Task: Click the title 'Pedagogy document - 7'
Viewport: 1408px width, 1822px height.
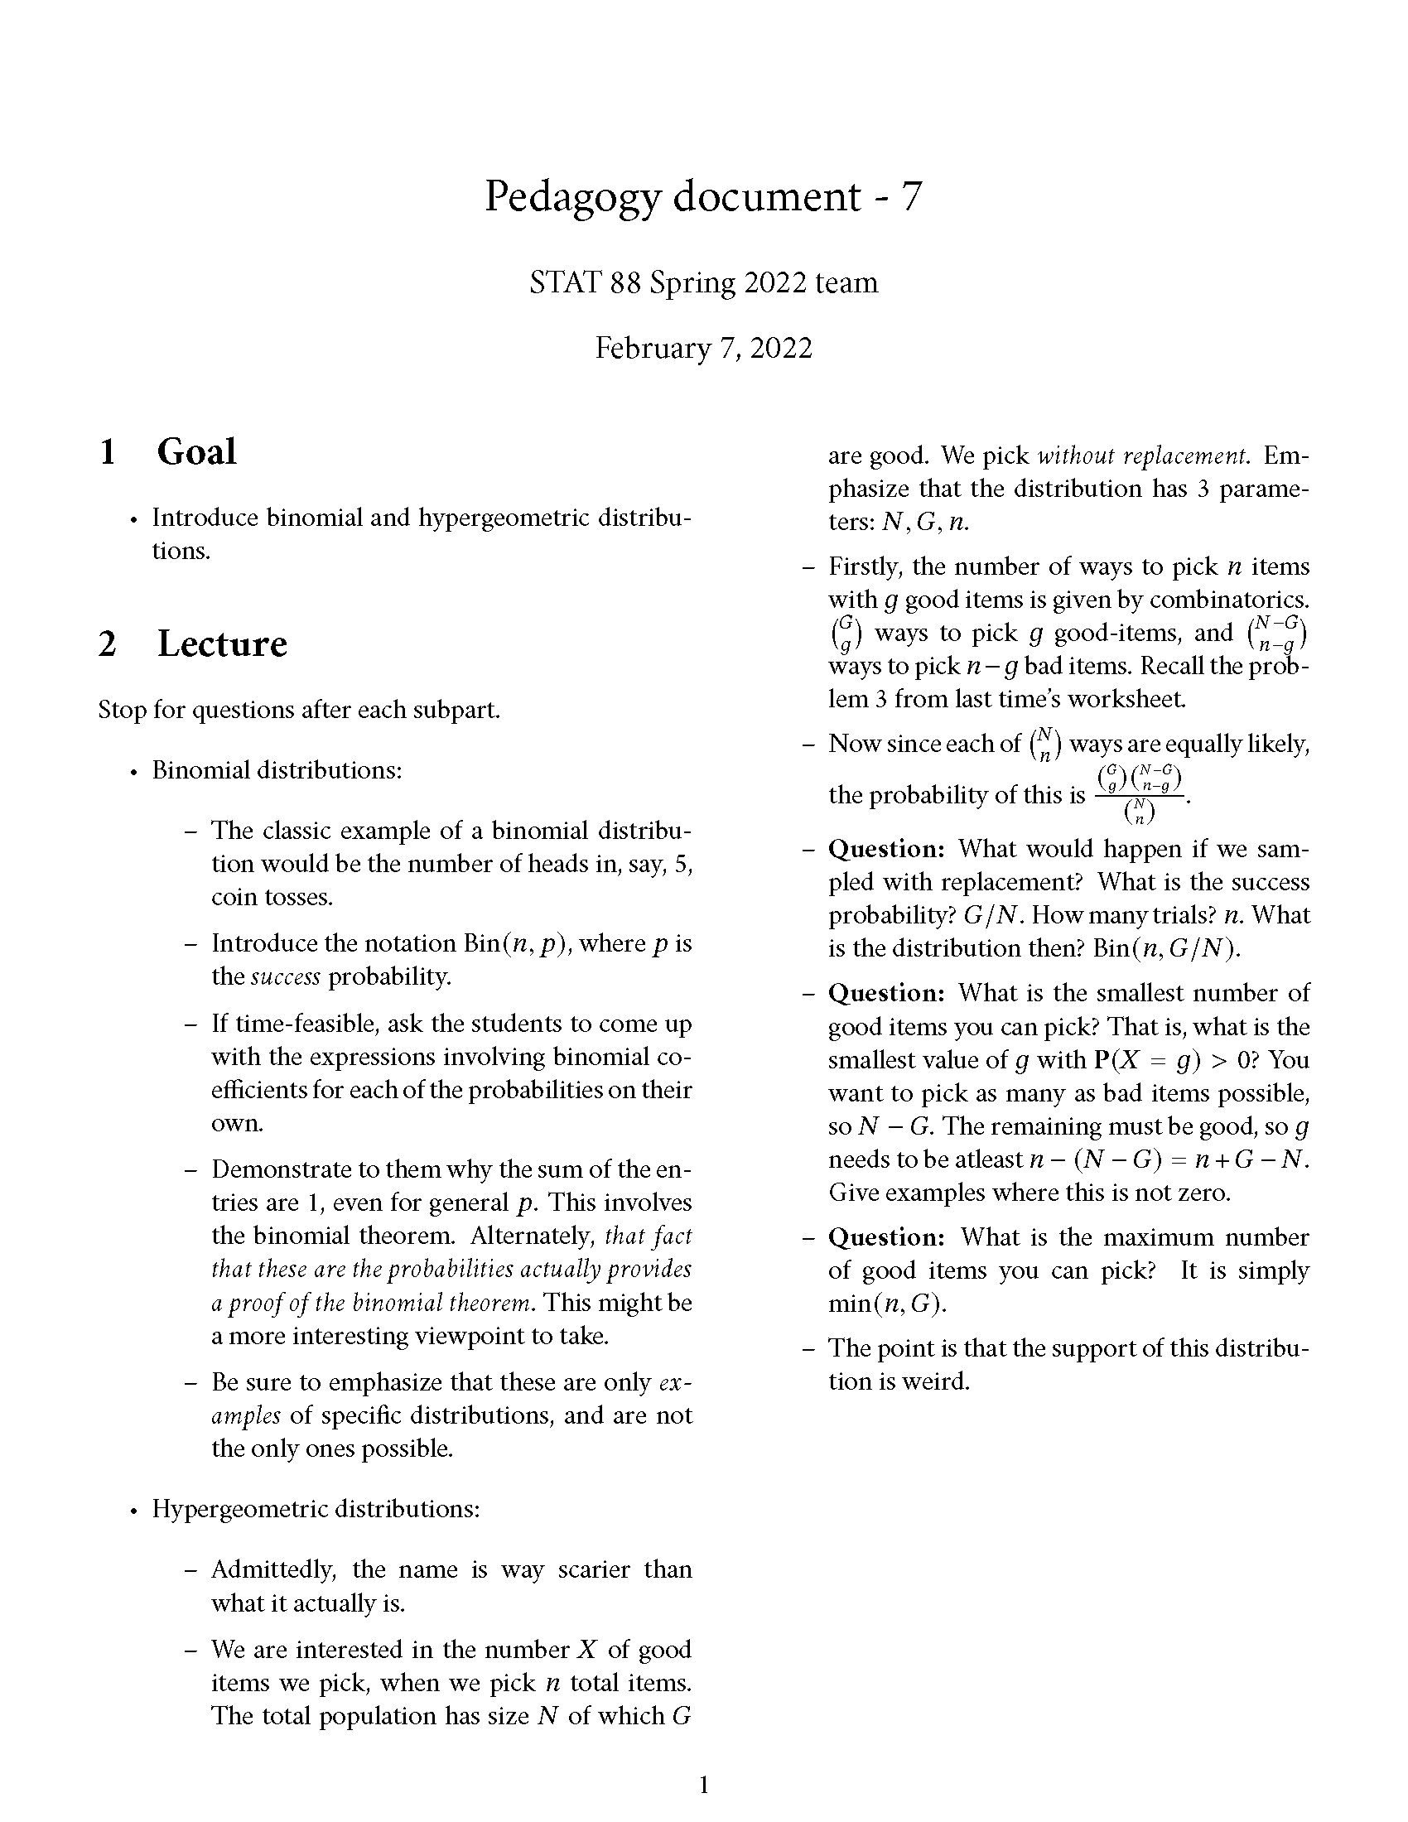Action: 703,197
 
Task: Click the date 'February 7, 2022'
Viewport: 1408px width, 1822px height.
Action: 703,348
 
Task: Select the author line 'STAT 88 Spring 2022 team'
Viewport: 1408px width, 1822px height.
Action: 703,282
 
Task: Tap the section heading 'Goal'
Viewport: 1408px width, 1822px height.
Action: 197,452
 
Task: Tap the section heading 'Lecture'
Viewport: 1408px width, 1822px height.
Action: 222,644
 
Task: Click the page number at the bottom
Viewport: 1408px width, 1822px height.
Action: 703,1785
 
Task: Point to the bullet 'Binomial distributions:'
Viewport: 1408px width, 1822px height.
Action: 277,769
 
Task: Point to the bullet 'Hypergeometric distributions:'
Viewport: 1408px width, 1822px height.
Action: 316,1508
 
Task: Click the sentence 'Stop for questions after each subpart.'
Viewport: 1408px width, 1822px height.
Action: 300,710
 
